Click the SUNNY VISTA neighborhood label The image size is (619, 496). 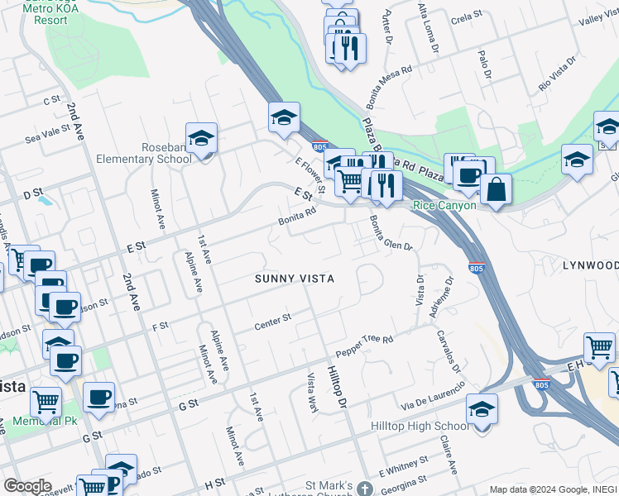pos(295,279)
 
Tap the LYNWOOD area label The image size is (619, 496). pos(590,265)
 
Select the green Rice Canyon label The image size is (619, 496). pos(444,205)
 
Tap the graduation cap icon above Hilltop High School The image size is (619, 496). pos(482,408)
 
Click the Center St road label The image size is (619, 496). pos(272,318)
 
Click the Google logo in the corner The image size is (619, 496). pos(27,486)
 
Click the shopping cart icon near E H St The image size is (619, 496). pos(599,347)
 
